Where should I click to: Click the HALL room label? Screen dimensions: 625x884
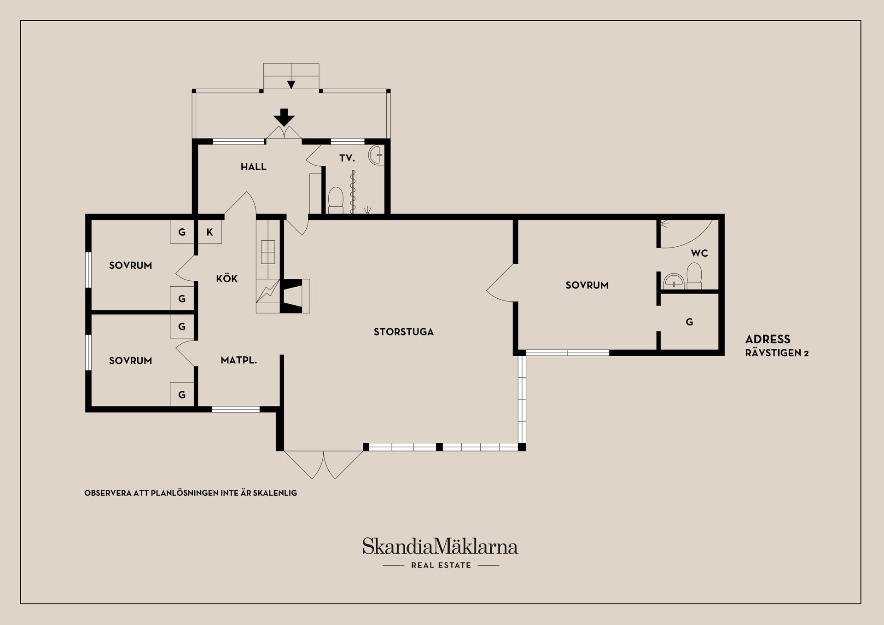pos(253,167)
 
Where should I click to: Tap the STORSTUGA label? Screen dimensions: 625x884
pos(403,332)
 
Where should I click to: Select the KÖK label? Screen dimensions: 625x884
pos(227,278)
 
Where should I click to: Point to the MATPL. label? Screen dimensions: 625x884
pos(238,360)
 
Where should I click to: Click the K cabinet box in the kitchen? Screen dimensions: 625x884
pos(209,232)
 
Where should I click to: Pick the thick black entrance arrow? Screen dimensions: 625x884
pos(285,117)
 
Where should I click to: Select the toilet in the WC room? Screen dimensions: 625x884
pos(694,275)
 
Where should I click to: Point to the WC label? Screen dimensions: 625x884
pos(699,253)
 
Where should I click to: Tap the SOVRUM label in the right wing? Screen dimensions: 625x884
pos(587,285)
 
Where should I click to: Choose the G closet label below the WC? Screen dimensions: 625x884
pos(689,322)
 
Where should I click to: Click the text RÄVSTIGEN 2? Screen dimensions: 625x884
pos(777,353)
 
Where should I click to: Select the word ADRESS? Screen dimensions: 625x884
pos(768,340)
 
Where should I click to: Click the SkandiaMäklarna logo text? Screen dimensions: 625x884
pos(440,546)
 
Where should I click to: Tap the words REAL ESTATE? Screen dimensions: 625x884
pos(441,565)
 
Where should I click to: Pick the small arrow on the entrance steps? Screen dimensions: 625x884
pos(291,85)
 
